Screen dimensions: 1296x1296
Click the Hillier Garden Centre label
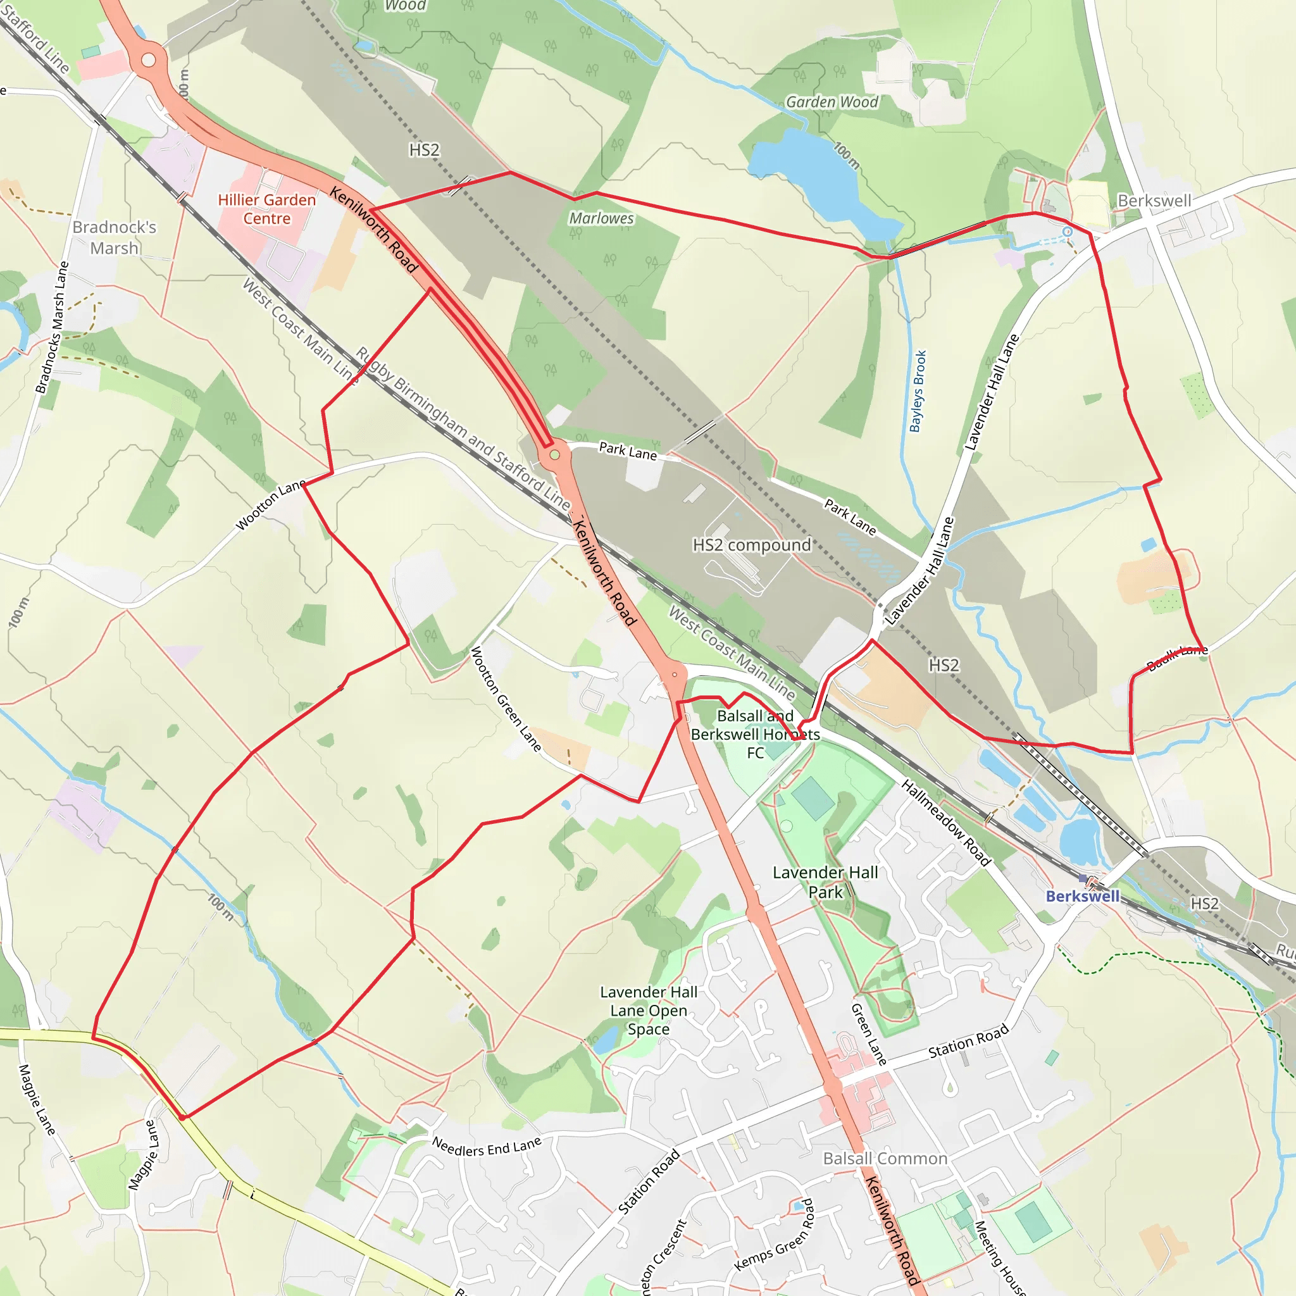point(266,209)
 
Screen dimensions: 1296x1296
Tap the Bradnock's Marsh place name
point(114,237)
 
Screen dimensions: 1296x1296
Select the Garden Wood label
point(832,102)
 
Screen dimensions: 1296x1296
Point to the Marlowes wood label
point(601,218)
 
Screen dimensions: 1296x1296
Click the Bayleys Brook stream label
point(917,391)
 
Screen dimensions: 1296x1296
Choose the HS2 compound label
point(751,545)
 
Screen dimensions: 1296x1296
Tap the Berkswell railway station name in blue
point(1083,896)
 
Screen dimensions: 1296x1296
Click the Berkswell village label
point(1154,201)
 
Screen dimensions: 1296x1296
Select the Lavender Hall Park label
point(825,882)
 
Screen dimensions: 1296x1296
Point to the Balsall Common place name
point(885,1159)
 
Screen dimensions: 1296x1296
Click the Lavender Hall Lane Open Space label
point(649,1010)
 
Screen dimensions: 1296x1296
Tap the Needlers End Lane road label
point(487,1147)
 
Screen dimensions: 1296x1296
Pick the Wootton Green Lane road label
point(506,699)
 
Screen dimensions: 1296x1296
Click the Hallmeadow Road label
point(946,823)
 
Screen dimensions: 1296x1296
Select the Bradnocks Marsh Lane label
point(52,327)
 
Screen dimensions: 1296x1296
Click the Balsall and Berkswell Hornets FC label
point(756,735)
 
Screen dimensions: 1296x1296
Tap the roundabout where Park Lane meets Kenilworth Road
point(555,455)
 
